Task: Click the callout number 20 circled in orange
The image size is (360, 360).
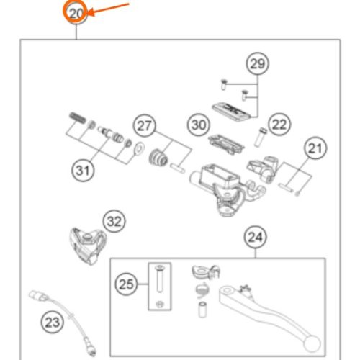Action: coord(76,13)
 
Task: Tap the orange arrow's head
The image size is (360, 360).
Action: coord(91,12)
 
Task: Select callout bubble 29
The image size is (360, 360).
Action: coord(258,63)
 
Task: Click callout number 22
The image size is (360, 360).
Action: coord(279,125)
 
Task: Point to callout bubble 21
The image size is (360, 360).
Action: coord(315,148)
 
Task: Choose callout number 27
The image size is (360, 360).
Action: coord(144,126)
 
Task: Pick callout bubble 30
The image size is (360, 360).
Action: coord(199,125)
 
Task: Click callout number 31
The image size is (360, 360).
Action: coord(83,171)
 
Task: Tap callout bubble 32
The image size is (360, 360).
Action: coord(114,221)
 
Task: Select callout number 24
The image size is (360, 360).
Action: coord(255,237)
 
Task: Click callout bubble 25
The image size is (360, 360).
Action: coord(126,284)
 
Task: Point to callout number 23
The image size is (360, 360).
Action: coord(53,322)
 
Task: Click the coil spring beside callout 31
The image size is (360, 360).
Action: coord(77,117)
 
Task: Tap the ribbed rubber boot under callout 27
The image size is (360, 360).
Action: coord(158,158)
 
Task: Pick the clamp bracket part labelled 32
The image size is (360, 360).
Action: coord(88,246)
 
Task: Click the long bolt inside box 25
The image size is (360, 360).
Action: coord(159,279)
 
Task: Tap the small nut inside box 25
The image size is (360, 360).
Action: coord(158,305)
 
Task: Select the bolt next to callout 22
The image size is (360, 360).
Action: coord(260,138)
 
